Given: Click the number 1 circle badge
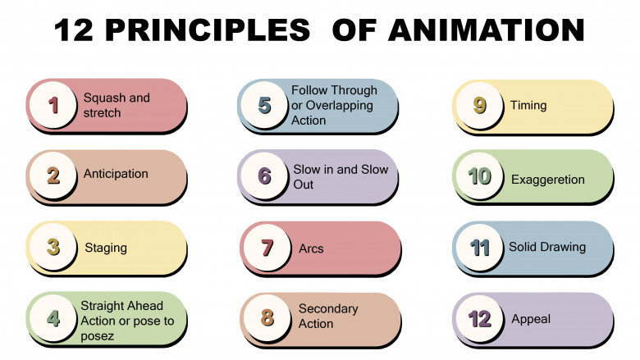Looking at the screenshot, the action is (x=53, y=104).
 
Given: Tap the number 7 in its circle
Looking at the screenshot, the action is (x=267, y=248).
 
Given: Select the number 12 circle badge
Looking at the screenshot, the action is (x=479, y=318).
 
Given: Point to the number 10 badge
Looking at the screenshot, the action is (x=479, y=175).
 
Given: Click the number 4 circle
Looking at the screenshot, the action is (x=53, y=318).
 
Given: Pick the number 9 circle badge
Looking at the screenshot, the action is (x=479, y=105).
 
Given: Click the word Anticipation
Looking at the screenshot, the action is (x=116, y=174).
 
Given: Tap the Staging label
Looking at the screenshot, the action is (x=106, y=248).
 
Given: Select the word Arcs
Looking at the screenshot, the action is (x=311, y=248).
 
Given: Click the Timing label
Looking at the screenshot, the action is (x=528, y=105).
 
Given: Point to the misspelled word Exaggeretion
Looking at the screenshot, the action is (x=548, y=180).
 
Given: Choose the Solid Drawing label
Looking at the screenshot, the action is (x=547, y=247).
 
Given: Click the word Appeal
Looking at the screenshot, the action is (x=531, y=319).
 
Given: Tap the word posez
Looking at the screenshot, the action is (x=97, y=336).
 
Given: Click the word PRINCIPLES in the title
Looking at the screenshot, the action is (x=208, y=30).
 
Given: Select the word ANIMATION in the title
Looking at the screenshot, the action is (x=486, y=30).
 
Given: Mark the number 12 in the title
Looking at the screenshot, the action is (x=74, y=30).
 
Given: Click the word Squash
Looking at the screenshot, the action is (x=105, y=98).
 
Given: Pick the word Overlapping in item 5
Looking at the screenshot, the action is (x=339, y=106).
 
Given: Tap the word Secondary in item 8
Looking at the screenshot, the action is (x=328, y=308).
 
